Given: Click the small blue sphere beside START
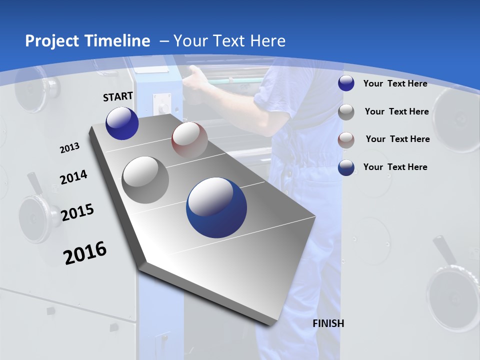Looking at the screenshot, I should tap(122, 123).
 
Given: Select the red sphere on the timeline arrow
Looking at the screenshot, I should tap(189, 140).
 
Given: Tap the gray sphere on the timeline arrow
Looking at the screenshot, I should tap(145, 180).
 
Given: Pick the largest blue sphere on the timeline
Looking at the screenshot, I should tap(216, 207).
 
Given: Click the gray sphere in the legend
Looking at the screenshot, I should tap(346, 111).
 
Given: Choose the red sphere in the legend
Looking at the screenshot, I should tap(346, 139).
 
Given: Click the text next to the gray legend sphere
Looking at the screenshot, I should tap(396, 111).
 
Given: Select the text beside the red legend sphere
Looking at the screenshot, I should tap(397, 139).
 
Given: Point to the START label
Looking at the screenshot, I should tap(118, 96).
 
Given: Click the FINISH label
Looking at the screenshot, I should tap(328, 323).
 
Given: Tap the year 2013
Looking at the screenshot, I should tap(69, 148).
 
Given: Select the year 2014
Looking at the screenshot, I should tap(73, 177).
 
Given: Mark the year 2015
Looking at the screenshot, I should tap(77, 212).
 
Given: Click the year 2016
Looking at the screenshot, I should tap(85, 253).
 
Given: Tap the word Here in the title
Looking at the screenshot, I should tap(268, 41).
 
